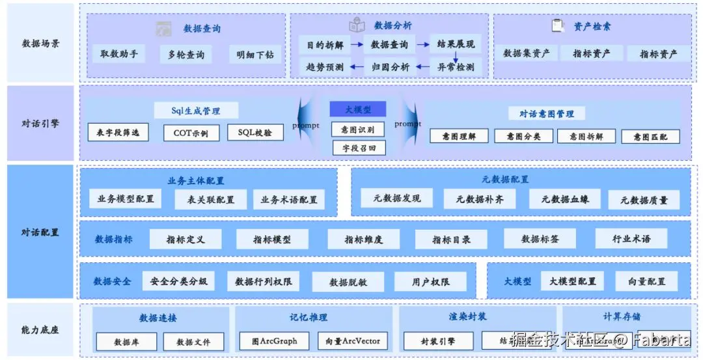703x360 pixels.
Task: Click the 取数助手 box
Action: pos(118,54)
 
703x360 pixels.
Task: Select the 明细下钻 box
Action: pos(255,55)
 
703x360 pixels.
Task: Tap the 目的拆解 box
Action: pos(325,45)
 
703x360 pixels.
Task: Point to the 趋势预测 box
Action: pos(325,66)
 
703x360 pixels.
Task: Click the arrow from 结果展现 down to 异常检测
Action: pos(456,57)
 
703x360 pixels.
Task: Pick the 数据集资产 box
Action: pos(526,53)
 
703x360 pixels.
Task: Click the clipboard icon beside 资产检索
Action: pos(557,26)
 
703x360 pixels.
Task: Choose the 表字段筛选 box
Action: pos(118,133)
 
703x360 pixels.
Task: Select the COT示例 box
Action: pos(191,133)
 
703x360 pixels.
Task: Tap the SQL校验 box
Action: pos(251,133)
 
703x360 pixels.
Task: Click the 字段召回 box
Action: pos(358,148)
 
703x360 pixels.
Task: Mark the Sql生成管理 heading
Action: pos(196,111)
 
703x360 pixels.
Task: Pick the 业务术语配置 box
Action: pos(289,199)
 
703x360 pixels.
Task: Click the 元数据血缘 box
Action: pos(565,199)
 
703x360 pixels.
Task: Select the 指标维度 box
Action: pos(363,240)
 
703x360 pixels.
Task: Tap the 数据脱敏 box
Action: pos(348,282)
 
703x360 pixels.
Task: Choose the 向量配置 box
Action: pos(646,281)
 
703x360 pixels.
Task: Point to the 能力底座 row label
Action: pos(40,330)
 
